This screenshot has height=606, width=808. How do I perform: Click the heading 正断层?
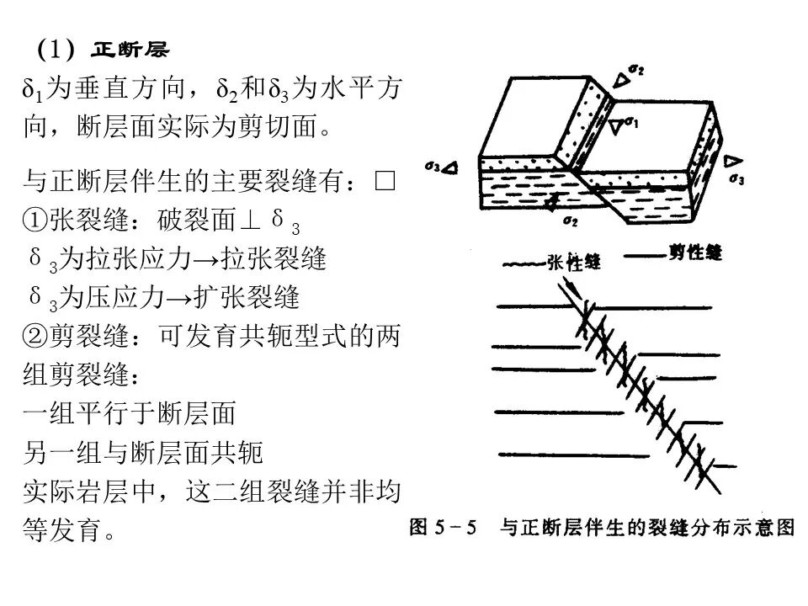[130, 50]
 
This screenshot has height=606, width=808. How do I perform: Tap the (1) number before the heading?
[56, 50]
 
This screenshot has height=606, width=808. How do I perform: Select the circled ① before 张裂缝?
[35, 220]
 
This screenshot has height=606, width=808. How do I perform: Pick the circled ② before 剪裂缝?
[35, 336]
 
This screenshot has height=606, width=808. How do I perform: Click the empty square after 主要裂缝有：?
[385, 181]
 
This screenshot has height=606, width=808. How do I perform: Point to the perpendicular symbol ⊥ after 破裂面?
[250, 220]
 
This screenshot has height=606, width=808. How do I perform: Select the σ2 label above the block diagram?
[637, 70]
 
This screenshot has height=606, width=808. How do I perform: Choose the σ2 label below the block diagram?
[571, 221]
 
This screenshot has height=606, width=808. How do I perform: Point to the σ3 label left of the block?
[433, 167]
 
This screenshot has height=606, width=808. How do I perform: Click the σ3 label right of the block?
[737, 179]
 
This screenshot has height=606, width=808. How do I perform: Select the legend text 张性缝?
[574, 263]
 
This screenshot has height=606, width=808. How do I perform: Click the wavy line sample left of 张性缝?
[524, 265]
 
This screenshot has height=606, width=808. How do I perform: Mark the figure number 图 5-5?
[443, 527]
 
